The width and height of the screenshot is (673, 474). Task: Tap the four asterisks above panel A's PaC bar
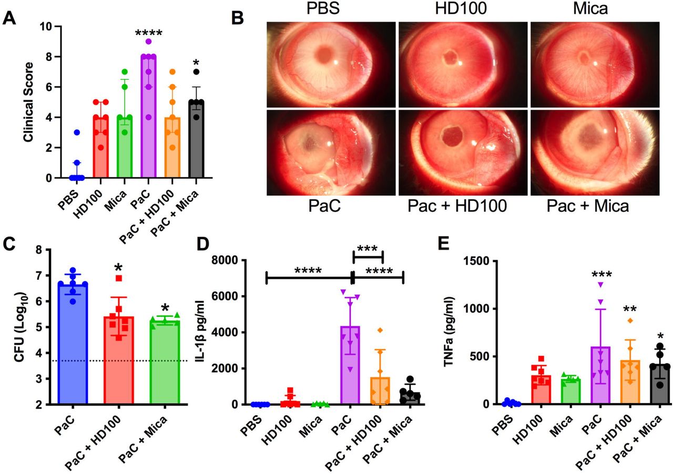(x=149, y=33)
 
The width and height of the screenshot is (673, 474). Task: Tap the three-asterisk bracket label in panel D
(x=368, y=249)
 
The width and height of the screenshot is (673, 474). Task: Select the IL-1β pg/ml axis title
(x=217, y=332)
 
